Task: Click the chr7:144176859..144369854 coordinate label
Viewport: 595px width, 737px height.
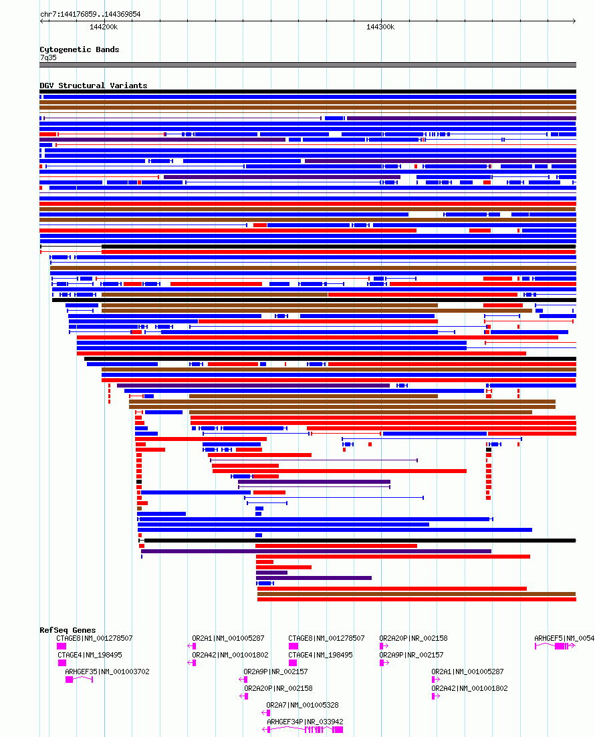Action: click(90, 14)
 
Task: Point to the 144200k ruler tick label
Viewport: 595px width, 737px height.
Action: click(104, 27)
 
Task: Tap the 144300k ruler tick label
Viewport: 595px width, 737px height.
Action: click(380, 27)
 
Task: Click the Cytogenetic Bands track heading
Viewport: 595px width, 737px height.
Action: click(80, 49)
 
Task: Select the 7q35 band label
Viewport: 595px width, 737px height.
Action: click(48, 57)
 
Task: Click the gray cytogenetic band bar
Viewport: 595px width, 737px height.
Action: click(308, 65)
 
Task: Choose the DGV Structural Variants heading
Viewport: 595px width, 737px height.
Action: click(93, 86)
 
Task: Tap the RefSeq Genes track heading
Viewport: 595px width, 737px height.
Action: click(68, 630)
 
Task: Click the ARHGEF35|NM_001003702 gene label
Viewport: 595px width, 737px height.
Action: click(107, 672)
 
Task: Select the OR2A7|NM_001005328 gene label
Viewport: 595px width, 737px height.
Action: click(302, 705)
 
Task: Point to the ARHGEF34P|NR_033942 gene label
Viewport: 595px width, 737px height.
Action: click(305, 722)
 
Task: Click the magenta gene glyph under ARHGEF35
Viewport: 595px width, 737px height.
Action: click(78, 680)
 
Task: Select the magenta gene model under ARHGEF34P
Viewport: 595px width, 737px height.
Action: click(304, 730)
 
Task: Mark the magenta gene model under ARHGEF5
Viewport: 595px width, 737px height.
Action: click(555, 646)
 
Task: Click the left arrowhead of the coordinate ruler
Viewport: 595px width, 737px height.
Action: click(41, 21)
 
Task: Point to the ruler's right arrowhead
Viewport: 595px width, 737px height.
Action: click(574, 21)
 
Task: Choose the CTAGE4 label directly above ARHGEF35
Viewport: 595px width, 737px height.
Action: click(90, 655)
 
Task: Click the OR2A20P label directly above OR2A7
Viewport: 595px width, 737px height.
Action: click(277, 688)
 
